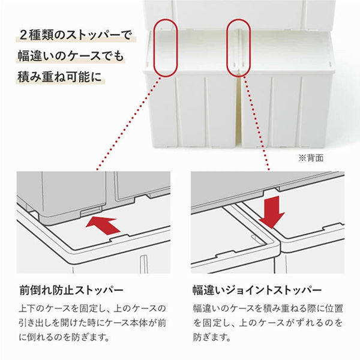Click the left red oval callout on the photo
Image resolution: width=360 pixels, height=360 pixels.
(x=154, y=48)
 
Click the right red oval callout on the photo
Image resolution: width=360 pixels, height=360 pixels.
(x=227, y=48)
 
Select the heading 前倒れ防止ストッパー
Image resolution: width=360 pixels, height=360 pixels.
(x=71, y=290)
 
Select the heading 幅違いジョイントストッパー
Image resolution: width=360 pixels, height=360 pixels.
(x=257, y=290)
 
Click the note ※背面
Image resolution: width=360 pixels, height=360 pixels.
(x=311, y=158)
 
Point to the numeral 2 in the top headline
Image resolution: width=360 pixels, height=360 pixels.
(x=23, y=35)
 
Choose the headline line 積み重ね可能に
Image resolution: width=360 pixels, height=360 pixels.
(x=60, y=77)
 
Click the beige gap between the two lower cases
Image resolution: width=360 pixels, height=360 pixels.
(x=239, y=110)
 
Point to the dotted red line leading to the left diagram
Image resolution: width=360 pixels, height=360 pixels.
(x=129, y=123)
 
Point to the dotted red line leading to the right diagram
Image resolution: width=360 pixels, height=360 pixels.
(x=257, y=123)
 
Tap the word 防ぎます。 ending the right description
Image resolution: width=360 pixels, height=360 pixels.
(x=212, y=337)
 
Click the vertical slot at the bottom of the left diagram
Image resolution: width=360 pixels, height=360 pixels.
(x=144, y=263)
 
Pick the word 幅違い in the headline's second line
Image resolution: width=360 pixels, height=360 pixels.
(x=33, y=56)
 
